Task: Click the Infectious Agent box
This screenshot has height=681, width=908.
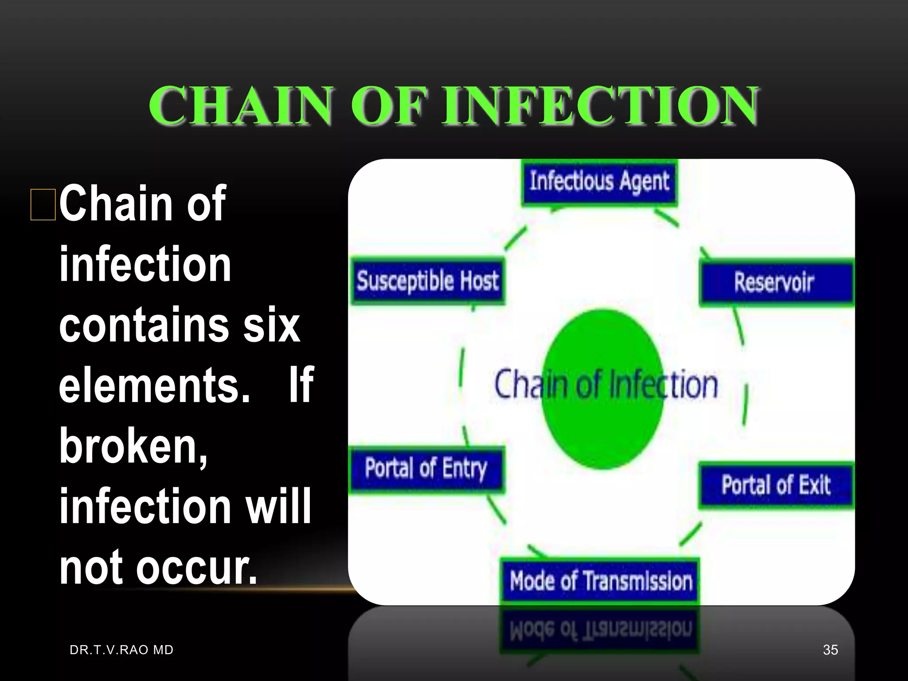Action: (599, 182)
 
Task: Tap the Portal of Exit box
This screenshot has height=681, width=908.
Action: (776, 485)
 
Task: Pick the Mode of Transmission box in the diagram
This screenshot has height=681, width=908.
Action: (600, 581)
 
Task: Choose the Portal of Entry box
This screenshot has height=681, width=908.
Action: (427, 469)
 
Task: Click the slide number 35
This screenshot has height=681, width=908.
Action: (830, 650)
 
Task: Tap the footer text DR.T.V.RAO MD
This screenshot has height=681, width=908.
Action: (121, 650)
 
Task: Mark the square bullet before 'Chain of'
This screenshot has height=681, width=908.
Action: (43, 204)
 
